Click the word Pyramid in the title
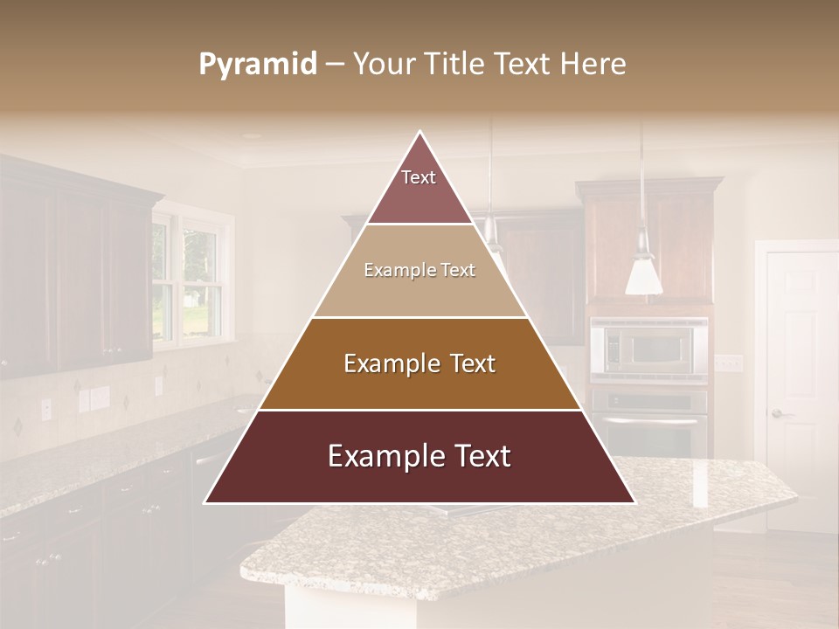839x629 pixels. (x=257, y=65)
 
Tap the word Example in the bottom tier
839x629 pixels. (x=382, y=457)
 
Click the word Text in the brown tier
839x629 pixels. (x=468, y=363)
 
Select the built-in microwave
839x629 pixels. (x=648, y=348)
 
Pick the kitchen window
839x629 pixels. (x=187, y=274)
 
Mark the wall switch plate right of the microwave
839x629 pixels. (x=727, y=363)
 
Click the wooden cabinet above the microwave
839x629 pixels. (x=648, y=236)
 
